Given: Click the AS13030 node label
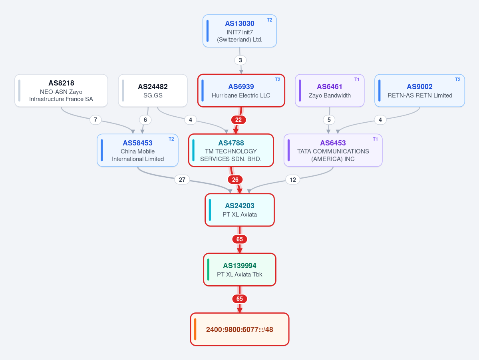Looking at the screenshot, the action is (x=240, y=24).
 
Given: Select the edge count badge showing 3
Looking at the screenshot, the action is (x=240, y=60).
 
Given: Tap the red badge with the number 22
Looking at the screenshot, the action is (x=238, y=120).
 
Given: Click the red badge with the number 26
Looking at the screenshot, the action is (x=235, y=180).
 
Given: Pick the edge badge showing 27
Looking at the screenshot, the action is (x=182, y=180).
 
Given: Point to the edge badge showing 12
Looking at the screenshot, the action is (x=293, y=180).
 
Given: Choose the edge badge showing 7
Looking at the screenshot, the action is (x=95, y=120).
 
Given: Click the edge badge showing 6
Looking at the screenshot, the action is (x=145, y=120).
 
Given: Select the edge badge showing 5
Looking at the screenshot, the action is (x=329, y=120).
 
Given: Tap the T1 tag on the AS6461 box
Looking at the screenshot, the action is (x=357, y=80).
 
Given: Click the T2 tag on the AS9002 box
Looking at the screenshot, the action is (x=457, y=80).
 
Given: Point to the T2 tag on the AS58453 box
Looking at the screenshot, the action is (x=171, y=139).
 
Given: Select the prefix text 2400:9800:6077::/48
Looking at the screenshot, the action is (x=240, y=330).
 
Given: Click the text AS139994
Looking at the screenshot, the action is (x=240, y=266).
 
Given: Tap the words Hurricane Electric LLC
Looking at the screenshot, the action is (x=241, y=95).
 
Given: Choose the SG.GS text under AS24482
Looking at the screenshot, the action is (x=153, y=95).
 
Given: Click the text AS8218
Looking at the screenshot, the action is (x=61, y=83).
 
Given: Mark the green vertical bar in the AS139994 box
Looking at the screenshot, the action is (x=209, y=270).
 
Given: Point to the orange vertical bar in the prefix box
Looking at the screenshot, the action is (x=195, y=329).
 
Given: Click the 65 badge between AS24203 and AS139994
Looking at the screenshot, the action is (x=240, y=239).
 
